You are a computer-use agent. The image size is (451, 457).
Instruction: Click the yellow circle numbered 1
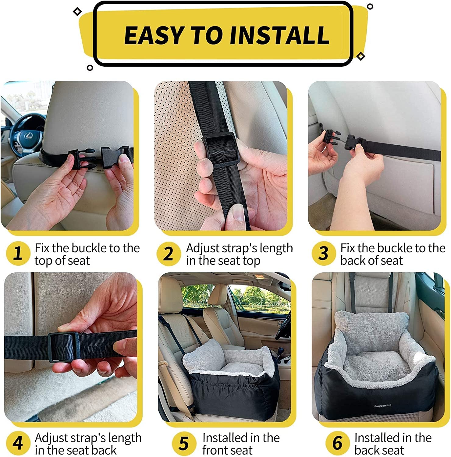pos(18,253)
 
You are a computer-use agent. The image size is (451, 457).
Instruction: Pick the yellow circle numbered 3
pos(323,253)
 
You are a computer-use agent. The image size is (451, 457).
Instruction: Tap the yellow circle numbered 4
pos(18,443)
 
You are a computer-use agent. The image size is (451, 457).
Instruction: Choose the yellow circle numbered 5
pos(184,443)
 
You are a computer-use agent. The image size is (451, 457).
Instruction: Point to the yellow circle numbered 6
pos(337,443)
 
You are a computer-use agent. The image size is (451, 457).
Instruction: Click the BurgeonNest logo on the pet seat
pos(382,406)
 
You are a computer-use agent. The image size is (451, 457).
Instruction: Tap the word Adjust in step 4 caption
pos(51,438)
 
